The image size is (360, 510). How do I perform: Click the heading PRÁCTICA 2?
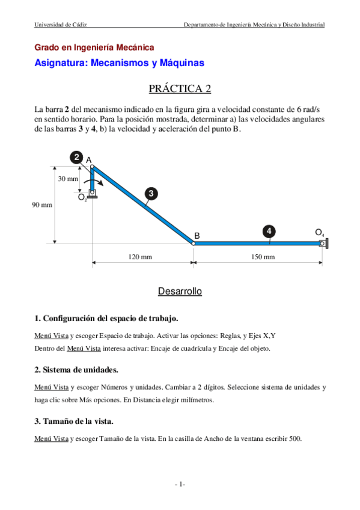(x=180, y=89)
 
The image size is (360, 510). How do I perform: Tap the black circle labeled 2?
(x=77, y=158)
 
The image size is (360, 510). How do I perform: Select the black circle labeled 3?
(x=151, y=193)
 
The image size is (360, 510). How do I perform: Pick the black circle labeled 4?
(x=269, y=231)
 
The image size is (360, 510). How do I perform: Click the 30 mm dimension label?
(x=68, y=179)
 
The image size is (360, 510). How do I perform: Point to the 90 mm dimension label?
(x=42, y=205)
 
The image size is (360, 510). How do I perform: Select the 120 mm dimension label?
(x=141, y=257)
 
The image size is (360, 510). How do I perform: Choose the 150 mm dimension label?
(x=262, y=257)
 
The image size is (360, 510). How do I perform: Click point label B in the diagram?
(x=197, y=235)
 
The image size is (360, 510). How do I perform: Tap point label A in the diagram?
(x=89, y=160)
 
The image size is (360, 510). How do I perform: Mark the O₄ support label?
(x=319, y=232)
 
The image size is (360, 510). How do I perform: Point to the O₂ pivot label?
(x=82, y=197)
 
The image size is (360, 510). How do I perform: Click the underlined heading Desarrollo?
(x=180, y=292)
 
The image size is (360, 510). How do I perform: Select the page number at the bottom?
(x=180, y=484)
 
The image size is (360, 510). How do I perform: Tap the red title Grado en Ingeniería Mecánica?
(x=94, y=47)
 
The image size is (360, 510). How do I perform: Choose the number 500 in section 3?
(x=294, y=438)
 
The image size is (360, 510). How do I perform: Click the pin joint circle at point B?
(x=193, y=244)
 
